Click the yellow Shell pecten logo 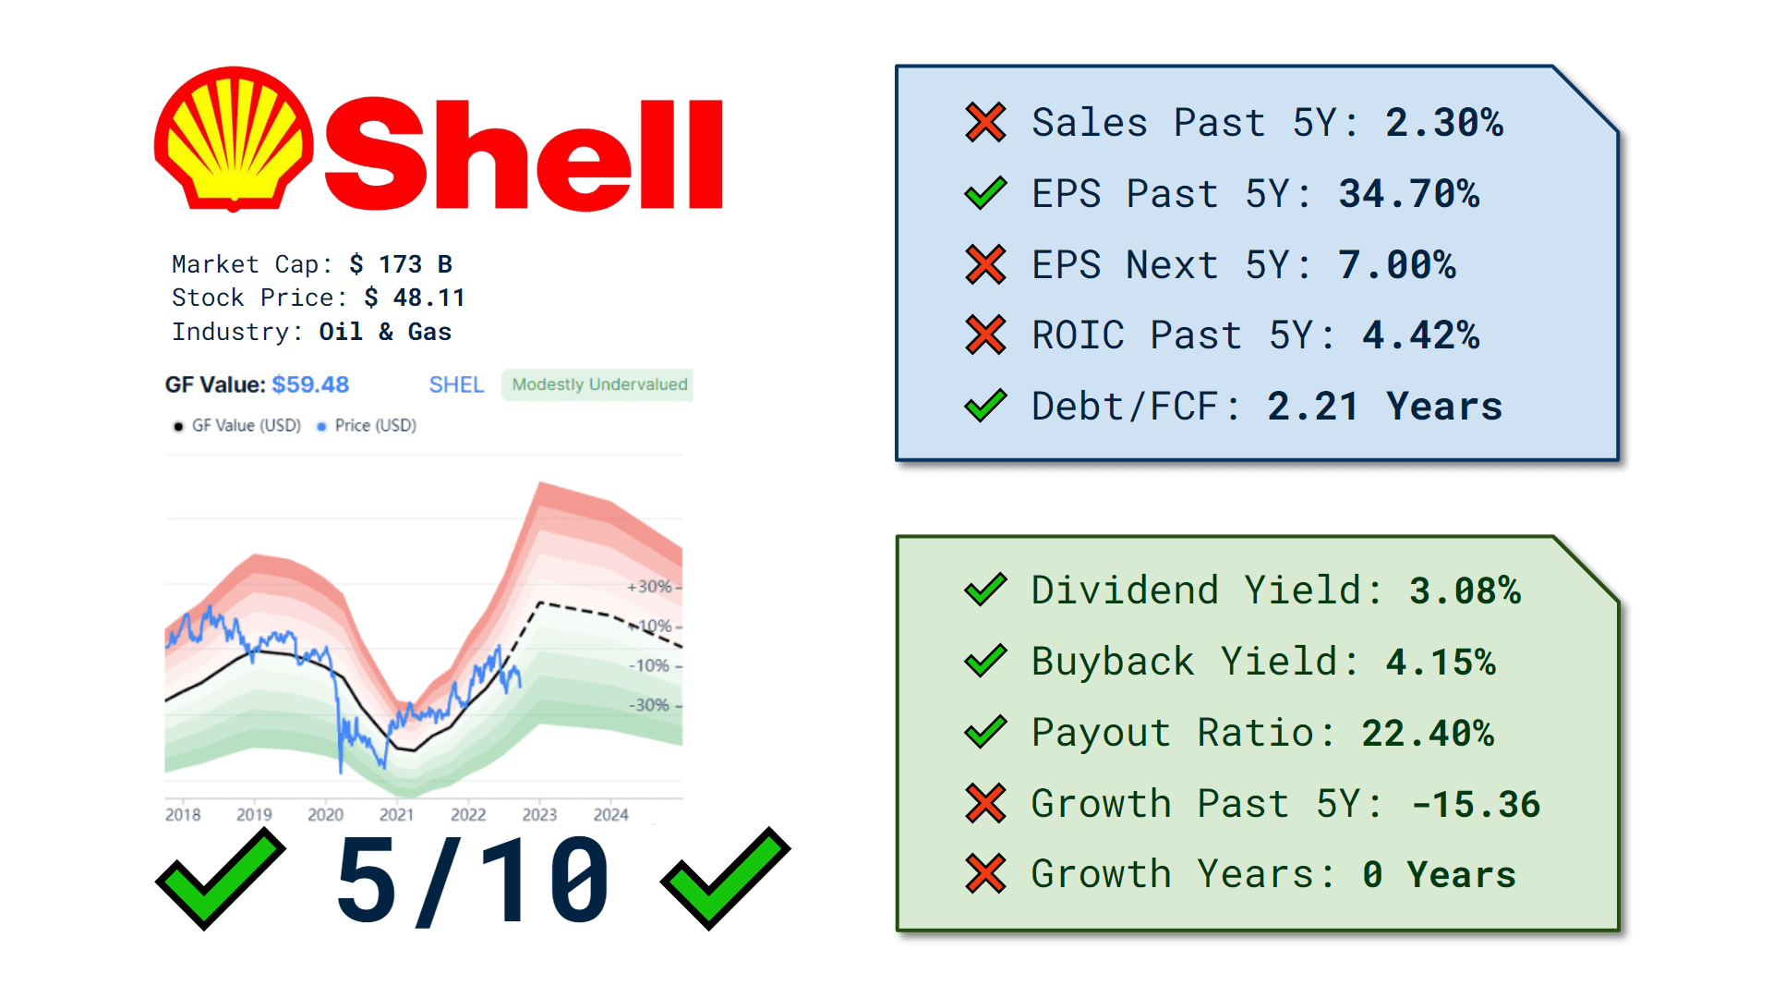[x=234, y=139]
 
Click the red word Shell [x=523, y=154]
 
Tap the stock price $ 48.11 [x=415, y=298]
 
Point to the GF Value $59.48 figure [x=310, y=384]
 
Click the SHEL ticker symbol [x=456, y=384]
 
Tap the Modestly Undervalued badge [x=598, y=384]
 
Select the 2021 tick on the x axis [x=396, y=814]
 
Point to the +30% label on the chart [x=649, y=587]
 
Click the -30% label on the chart [x=649, y=705]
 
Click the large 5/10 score [x=473, y=881]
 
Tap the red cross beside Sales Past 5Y [x=985, y=123]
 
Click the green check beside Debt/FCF [x=985, y=406]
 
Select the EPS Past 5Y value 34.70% [x=1408, y=194]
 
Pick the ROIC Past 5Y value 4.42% [x=1420, y=335]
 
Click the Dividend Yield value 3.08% [x=1465, y=590]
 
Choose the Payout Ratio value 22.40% [x=1428, y=733]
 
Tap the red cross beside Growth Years [x=985, y=874]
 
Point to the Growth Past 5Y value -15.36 [x=1476, y=804]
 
